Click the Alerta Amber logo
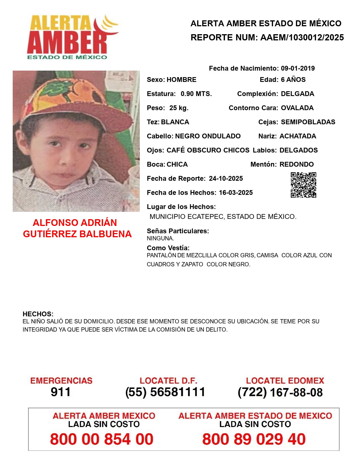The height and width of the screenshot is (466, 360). coord(72,37)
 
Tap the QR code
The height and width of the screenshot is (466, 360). coord(304,185)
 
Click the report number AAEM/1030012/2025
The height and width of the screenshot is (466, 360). coord(302,37)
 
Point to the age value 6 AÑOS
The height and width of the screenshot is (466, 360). coord(293,80)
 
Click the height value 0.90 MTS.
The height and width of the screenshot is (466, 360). coord(196,94)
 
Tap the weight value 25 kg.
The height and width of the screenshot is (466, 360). coord(179,108)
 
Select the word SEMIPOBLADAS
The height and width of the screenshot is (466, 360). coord(308,122)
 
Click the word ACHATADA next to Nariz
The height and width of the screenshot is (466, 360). coord(298,136)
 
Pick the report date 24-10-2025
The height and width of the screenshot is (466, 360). coord(226,178)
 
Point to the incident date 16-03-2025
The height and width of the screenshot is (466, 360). coord(236,193)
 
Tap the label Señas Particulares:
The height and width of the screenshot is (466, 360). coord(178,231)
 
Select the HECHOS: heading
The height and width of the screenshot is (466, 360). coord(38,314)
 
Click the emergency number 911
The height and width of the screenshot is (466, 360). coord(61,392)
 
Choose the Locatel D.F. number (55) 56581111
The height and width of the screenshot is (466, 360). coord(165,392)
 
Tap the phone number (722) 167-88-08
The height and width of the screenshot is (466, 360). coord(280,392)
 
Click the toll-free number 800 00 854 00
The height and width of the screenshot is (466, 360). coord(102,439)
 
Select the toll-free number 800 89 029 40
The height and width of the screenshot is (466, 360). coord(254,439)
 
